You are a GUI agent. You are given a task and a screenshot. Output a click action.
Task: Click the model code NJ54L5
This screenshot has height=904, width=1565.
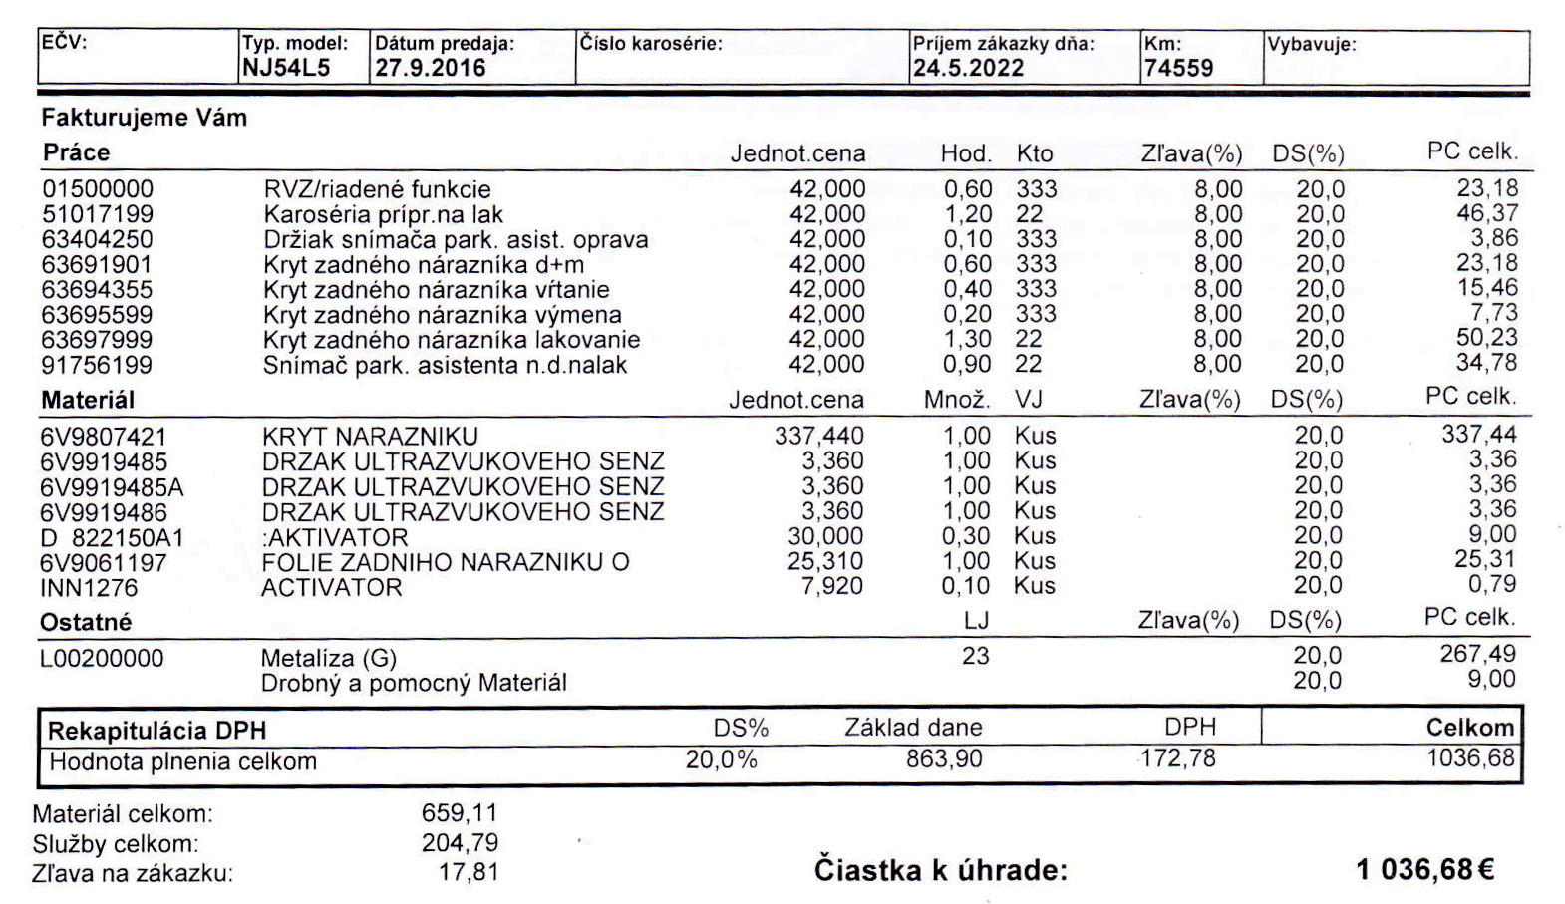coord(286,69)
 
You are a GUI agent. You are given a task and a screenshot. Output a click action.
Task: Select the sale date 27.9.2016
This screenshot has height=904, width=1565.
coord(430,69)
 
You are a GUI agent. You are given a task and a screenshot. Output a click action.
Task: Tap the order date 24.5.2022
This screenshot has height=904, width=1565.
coord(968,69)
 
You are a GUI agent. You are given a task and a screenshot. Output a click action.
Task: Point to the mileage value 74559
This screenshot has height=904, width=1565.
coord(1178,69)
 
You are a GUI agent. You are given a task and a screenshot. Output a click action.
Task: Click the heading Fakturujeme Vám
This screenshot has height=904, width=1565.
coord(144,118)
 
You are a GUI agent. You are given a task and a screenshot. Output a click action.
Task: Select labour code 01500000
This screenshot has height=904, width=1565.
coord(98,189)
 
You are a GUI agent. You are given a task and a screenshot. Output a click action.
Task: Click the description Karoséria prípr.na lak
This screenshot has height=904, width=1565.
coord(383,214)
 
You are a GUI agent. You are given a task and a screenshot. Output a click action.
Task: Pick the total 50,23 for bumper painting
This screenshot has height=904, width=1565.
coord(1486,338)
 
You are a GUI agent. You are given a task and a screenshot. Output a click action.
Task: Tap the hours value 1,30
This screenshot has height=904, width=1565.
coord(967,339)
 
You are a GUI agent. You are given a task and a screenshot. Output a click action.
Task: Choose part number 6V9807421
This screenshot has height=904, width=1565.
coord(104,437)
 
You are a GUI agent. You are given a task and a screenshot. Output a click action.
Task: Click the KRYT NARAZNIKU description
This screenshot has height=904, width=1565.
coord(370,437)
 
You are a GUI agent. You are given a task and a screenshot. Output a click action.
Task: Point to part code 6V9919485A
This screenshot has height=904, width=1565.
coord(112,487)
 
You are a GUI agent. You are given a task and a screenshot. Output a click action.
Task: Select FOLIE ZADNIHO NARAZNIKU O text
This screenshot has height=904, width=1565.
coord(445,562)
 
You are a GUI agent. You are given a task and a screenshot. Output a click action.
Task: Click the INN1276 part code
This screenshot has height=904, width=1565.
coord(89,587)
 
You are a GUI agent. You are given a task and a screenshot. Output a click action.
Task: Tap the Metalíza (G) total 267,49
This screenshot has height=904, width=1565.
coord(1477,654)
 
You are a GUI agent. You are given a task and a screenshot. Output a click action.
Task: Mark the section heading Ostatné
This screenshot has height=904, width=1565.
coord(86,622)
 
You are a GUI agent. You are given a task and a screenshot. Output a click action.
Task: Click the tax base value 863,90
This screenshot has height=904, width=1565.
coord(943,759)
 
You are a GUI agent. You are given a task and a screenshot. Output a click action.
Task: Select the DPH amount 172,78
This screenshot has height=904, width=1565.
coord(1178,759)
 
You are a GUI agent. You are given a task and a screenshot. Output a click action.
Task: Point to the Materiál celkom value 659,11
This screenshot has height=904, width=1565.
coord(459,813)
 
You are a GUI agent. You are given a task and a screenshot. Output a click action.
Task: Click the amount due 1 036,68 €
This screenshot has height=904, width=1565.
coord(1424,870)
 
